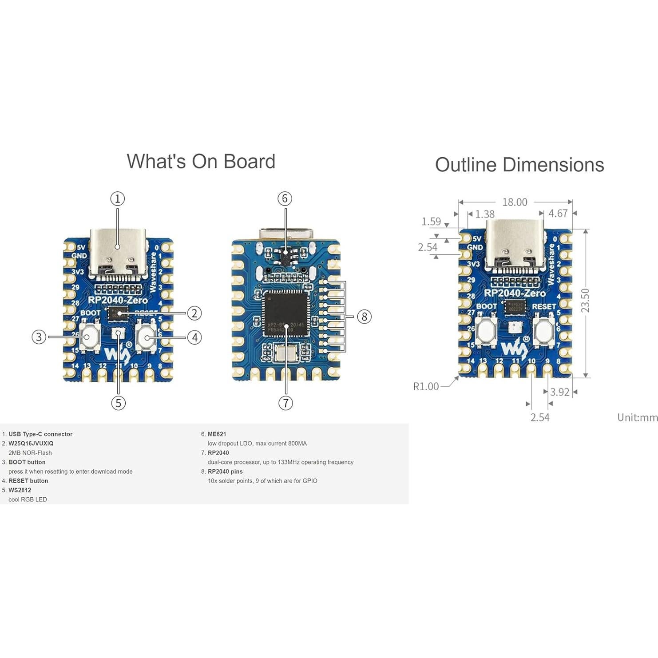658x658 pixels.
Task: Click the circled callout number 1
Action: (118, 198)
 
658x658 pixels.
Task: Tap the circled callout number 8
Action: (364, 317)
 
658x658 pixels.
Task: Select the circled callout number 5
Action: (118, 403)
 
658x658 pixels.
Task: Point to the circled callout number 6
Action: (285, 198)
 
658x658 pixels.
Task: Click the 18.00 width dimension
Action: (515, 202)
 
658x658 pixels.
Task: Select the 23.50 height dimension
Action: (586, 300)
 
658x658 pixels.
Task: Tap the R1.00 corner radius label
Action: (426, 386)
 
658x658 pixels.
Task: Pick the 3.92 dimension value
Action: (559, 392)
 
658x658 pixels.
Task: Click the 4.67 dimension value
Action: (558, 214)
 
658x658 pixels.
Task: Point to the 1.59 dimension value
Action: (431, 221)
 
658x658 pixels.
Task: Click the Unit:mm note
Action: (637, 417)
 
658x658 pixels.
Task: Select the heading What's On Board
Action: (201, 162)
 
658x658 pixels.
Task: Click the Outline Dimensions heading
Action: (519, 165)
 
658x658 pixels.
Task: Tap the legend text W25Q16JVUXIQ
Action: (31, 444)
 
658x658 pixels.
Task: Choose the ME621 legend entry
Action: (217, 434)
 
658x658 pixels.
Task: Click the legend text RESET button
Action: (28, 481)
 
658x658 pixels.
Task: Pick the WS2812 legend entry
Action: (20, 490)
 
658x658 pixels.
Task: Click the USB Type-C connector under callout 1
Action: (118, 253)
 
